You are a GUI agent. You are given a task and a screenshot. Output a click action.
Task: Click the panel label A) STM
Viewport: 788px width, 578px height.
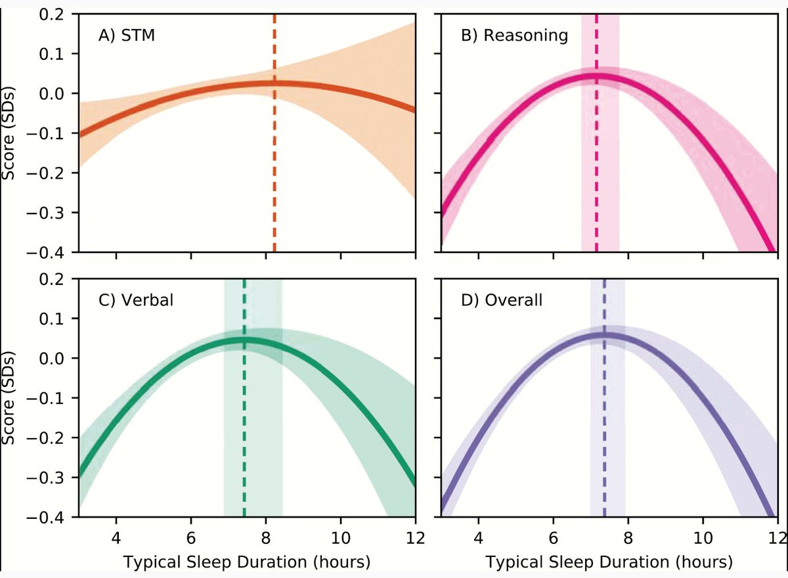[127, 35]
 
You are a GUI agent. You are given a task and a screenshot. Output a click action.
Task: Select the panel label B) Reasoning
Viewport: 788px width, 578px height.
[514, 35]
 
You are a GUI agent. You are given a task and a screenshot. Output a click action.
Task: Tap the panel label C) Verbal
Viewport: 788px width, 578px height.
[136, 300]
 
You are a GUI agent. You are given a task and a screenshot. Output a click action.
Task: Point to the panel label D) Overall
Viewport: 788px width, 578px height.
[502, 300]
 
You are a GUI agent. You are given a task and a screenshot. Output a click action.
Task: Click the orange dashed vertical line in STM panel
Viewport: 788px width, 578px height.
[274, 133]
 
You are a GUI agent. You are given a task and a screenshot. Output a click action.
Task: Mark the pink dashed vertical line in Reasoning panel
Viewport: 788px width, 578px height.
[596, 133]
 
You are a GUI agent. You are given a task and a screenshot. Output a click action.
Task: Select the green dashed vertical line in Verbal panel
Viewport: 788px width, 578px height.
[244, 398]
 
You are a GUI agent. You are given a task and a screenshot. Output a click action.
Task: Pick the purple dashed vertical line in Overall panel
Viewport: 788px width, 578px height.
[604, 398]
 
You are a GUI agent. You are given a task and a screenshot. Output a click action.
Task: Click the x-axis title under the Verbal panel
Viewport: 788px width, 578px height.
[247, 562]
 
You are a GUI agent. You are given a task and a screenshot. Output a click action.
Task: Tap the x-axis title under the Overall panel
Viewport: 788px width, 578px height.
[609, 562]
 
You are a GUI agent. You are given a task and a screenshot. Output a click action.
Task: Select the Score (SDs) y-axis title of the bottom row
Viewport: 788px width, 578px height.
[9, 398]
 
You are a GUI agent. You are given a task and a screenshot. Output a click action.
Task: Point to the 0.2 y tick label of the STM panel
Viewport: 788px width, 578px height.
[52, 14]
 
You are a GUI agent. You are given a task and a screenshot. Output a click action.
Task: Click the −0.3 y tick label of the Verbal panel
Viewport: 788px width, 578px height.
[46, 478]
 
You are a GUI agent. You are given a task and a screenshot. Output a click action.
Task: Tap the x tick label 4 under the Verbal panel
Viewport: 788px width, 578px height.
[116, 538]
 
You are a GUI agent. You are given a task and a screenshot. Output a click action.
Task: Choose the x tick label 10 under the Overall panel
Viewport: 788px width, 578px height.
[703, 538]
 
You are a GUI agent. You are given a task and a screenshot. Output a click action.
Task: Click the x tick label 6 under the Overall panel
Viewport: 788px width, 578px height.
[554, 538]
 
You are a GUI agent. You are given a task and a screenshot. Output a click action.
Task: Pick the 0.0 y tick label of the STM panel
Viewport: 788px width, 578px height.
[52, 94]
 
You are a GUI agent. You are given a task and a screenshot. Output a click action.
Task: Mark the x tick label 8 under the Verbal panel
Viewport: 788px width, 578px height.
[266, 538]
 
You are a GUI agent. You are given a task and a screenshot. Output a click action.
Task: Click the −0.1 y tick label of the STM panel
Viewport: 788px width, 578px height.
[46, 134]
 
